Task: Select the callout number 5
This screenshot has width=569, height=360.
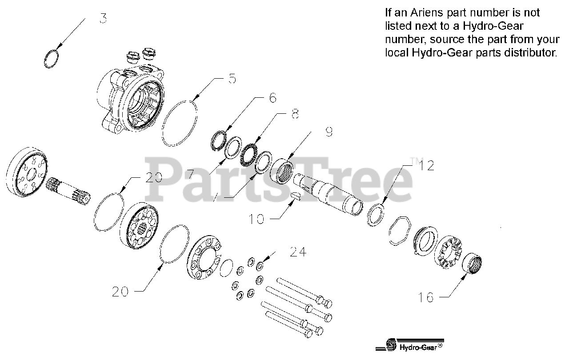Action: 232,79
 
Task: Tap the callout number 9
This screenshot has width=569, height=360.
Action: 329,132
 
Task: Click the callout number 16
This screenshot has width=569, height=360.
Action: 426,297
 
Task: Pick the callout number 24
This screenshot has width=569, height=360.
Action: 298,252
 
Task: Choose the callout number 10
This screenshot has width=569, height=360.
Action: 256,219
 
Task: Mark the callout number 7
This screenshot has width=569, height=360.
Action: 190,174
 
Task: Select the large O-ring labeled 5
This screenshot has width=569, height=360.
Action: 180,123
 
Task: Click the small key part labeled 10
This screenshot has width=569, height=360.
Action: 296,197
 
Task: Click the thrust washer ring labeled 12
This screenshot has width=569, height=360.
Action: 377,215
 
